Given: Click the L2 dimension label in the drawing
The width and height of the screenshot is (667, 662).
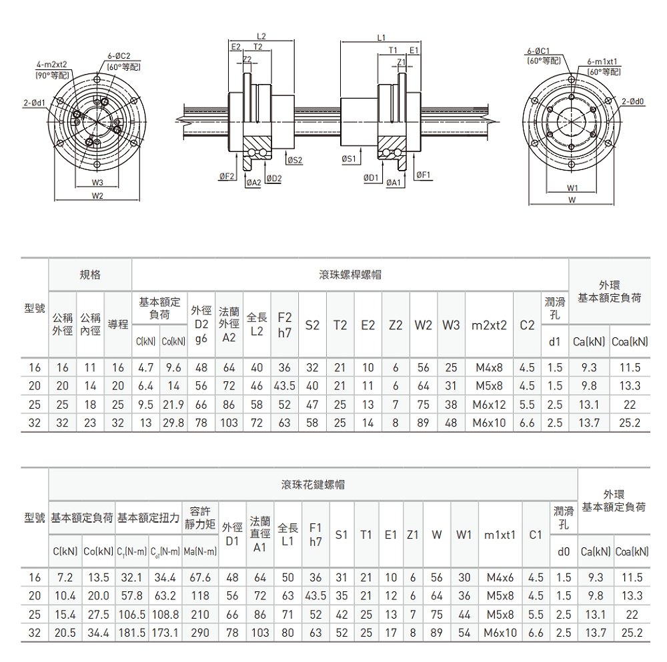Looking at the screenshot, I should point(261,35).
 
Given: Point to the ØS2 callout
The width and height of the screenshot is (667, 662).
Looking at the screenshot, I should point(294,160).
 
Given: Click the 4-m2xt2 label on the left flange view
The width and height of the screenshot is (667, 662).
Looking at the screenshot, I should point(57,64).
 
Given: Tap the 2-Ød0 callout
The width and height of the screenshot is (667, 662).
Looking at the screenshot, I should point(632,101).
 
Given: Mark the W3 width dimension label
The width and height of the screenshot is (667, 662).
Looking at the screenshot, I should point(97,182).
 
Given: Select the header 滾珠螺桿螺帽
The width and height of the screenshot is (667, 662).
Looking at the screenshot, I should point(350,274).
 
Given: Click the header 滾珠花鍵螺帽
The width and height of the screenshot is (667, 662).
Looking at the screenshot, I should point(313,484).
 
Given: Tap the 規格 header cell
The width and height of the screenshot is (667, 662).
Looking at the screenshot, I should point(90,274).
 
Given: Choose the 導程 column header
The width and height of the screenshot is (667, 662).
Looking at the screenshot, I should point(119,324).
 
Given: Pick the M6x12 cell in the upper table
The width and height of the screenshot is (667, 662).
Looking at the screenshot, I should point(490,405).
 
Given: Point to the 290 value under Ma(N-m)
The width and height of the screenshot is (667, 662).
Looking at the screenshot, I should point(200,633).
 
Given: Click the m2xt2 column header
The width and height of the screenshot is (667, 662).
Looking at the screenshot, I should point(490,325).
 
